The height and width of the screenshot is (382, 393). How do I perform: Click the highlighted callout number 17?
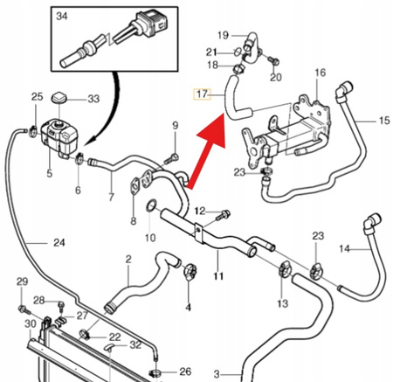click(x=203, y=94)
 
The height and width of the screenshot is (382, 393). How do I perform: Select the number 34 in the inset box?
click(x=61, y=17)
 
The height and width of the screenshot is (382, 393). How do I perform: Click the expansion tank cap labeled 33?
click(x=59, y=98)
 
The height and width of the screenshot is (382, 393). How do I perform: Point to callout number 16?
click(x=321, y=73)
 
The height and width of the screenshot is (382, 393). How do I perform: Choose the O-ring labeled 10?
click(x=150, y=205)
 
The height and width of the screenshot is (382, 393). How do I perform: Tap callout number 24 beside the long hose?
click(x=59, y=242)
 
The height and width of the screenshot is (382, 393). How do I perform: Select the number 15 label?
click(x=384, y=120)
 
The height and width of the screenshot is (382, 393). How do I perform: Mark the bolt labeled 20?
click(x=273, y=61)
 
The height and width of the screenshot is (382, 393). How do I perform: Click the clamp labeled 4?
click(x=190, y=272)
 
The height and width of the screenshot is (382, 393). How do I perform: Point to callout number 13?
click(x=283, y=303)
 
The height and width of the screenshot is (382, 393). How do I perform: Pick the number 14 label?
click(x=345, y=248)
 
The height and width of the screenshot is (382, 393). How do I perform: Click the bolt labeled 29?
click(x=24, y=310)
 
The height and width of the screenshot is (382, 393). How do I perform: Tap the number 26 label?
click(x=185, y=372)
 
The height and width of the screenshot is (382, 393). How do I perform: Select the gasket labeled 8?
click(x=134, y=186)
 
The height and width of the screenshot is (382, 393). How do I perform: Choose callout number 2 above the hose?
click(x=128, y=259)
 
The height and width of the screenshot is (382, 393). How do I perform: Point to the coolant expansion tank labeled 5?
click(x=59, y=136)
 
